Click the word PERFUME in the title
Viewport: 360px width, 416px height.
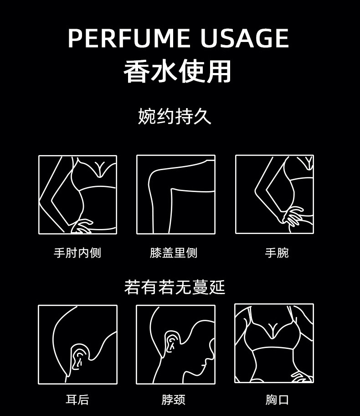click(129, 38)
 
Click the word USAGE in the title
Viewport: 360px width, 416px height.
click(244, 38)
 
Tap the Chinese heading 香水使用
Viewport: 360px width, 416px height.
click(177, 71)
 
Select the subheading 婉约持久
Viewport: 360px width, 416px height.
click(175, 116)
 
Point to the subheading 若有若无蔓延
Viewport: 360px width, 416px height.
click(175, 287)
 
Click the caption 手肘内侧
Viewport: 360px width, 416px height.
click(77, 253)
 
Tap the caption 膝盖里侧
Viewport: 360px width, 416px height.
click(174, 253)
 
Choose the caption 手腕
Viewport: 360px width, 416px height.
click(277, 253)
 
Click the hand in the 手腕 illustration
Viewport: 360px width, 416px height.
click(293, 216)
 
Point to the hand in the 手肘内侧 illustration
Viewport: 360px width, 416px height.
click(81, 226)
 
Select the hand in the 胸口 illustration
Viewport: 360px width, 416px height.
click(302, 376)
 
